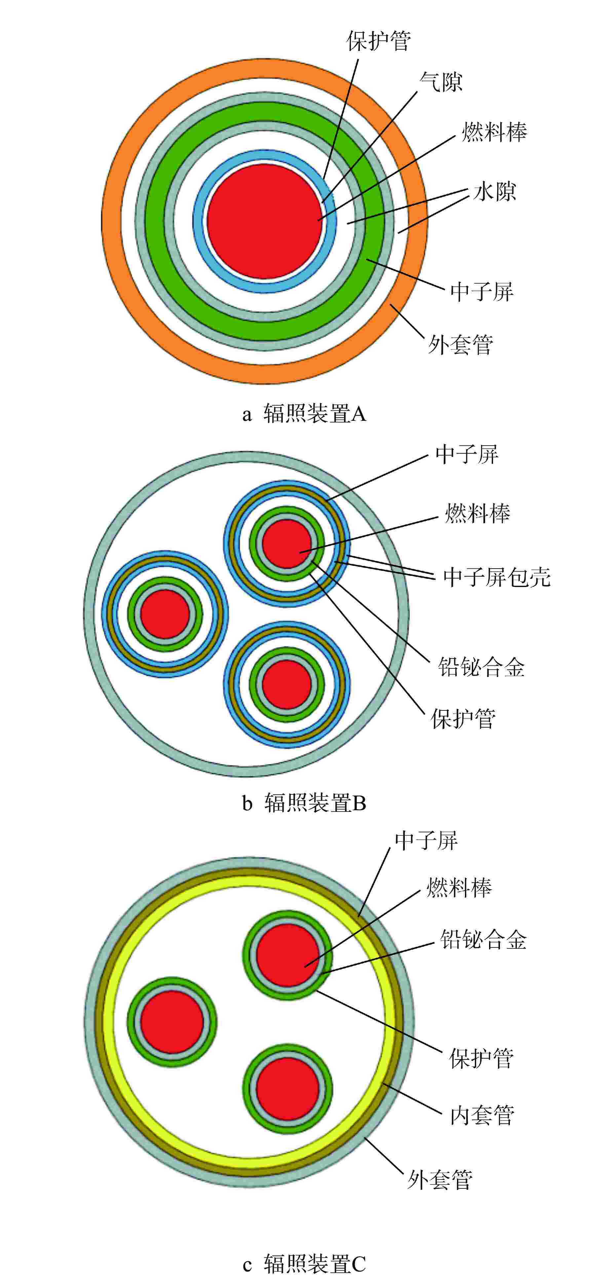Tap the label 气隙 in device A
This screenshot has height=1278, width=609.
[x=441, y=82]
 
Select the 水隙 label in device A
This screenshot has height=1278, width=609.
[x=494, y=191]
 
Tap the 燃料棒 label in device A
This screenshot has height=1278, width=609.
[x=494, y=132]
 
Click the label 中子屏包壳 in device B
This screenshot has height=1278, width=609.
[x=497, y=577]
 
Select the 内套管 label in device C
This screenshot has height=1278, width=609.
[x=482, y=1115]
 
